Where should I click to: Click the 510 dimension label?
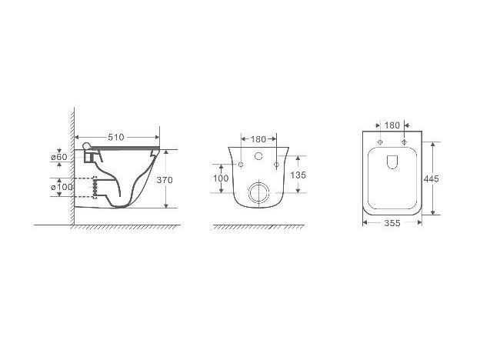(x=116, y=138)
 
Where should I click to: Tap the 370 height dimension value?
(x=165, y=180)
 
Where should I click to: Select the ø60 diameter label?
(x=59, y=157)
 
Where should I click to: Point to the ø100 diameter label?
(x=62, y=186)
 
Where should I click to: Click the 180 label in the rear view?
(x=258, y=139)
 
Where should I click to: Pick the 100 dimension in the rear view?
(x=221, y=178)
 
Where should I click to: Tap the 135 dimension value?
(x=298, y=175)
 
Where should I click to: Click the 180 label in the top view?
(x=392, y=125)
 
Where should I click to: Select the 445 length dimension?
(x=432, y=178)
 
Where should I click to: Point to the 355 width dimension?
(x=392, y=223)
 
